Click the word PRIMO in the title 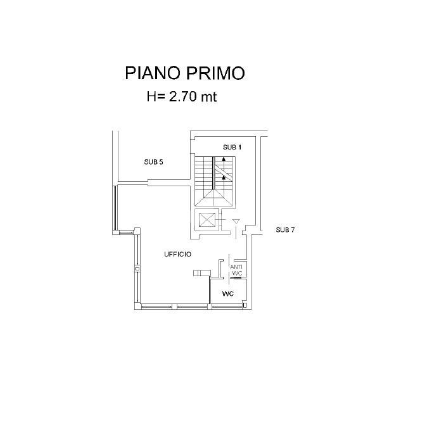(x=215, y=73)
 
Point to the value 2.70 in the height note (x=184, y=97)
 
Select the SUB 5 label (x=153, y=162)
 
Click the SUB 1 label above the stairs (x=232, y=147)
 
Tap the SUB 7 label (x=285, y=230)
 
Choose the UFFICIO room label (x=177, y=254)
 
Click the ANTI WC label (x=236, y=270)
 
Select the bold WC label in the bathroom (x=228, y=295)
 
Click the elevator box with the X (x=207, y=220)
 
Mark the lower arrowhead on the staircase (x=222, y=178)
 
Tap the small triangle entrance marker (x=236, y=222)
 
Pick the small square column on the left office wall (x=137, y=269)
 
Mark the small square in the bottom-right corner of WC (x=244, y=305)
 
